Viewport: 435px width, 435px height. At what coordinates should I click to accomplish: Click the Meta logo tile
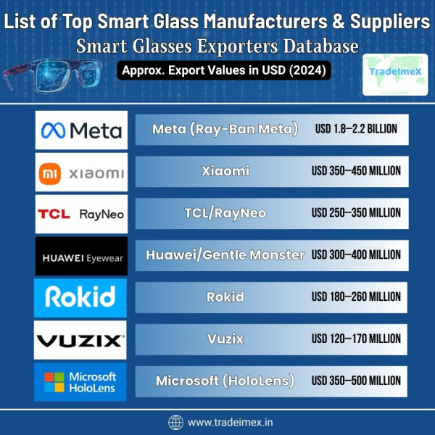point(81,130)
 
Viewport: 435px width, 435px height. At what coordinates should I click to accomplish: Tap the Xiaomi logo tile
point(81,172)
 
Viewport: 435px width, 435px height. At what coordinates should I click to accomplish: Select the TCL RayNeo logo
point(81,213)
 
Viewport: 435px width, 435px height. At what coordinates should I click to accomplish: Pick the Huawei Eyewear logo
point(81,255)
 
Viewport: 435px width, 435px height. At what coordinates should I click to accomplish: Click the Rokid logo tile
point(81,297)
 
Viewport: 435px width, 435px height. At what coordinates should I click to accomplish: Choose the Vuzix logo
point(81,339)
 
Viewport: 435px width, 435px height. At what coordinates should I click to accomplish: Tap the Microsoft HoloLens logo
point(81,381)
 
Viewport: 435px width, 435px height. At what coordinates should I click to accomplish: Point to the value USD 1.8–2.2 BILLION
point(356,130)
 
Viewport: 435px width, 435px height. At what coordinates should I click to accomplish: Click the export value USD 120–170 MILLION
point(356,339)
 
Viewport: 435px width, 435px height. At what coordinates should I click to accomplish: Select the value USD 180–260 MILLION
point(356,297)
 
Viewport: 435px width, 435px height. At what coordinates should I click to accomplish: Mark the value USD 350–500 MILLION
point(356,381)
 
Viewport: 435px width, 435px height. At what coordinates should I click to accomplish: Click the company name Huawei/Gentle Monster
point(225,255)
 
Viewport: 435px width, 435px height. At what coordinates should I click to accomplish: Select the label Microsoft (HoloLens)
point(225,381)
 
